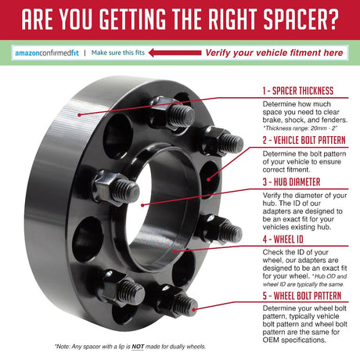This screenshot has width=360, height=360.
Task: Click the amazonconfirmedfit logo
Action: click(47, 53)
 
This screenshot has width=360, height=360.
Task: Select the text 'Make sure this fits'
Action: click(118, 52)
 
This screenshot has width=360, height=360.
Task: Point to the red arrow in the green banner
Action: click(175, 53)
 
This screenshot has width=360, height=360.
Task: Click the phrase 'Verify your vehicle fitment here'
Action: click(274, 52)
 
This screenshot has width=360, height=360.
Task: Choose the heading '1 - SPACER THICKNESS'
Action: click(298, 91)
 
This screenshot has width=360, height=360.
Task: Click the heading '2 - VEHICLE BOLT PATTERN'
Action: click(304, 140)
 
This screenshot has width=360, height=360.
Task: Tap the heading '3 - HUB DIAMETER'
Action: click(291, 182)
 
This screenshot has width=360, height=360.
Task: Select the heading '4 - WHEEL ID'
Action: click(283, 239)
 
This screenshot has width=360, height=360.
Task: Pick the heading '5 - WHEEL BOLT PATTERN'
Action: click(302, 296)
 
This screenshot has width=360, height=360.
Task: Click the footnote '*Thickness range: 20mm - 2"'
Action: click(301, 128)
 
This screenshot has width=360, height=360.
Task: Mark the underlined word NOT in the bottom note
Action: click(138, 347)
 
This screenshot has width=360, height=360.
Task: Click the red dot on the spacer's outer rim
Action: click(79, 115)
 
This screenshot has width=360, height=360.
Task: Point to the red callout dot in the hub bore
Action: click(142, 205)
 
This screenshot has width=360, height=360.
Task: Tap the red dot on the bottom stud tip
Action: click(193, 310)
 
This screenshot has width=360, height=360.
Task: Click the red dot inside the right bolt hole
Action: click(208, 179)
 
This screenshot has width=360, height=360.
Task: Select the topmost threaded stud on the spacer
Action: click(175, 113)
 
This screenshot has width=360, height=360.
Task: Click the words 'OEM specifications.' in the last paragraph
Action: click(294, 340)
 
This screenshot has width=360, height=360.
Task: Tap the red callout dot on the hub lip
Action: click(175, 251)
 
